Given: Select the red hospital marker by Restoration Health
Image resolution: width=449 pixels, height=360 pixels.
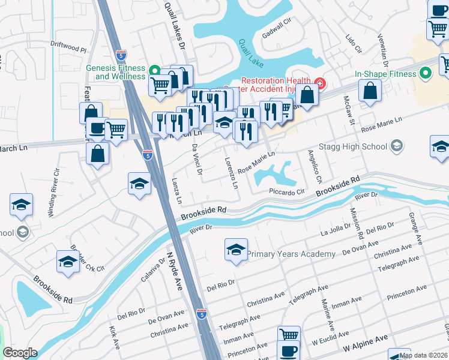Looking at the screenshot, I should [320, 82].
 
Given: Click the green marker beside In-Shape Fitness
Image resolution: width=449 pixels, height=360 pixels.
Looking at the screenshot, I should [426, 74].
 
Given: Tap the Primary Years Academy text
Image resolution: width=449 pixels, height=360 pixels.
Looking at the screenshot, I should [291, 254].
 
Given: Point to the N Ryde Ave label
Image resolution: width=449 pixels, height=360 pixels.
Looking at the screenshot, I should [174, 270].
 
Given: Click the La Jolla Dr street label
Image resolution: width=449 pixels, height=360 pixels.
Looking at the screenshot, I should [335, 231].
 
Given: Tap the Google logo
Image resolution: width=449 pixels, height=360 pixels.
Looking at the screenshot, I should [20, 353].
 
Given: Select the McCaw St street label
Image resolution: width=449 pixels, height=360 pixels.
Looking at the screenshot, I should [349, 109].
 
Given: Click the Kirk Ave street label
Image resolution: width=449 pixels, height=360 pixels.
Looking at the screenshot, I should [113, 338].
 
